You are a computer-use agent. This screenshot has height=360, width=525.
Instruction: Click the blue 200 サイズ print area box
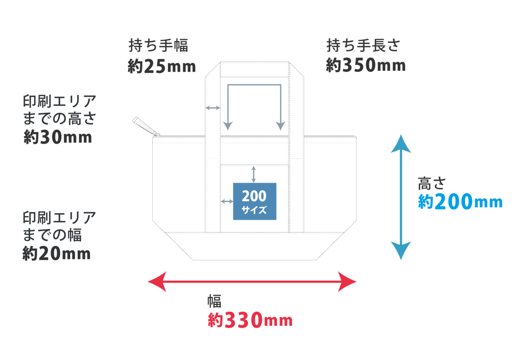click(x=254, y=201)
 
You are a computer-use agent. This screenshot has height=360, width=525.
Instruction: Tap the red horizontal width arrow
click(x=252, y=281)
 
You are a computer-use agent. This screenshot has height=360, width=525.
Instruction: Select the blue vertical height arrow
click(x=401, y=197)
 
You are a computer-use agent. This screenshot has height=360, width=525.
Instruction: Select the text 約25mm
click(x=161, y=66)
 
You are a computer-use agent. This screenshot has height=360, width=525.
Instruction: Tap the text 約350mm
click(x=365, y=66)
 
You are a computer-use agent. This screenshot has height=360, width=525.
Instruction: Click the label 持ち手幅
click(x=158, y=45)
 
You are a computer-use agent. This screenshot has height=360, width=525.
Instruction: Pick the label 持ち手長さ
click(x=363, y=45)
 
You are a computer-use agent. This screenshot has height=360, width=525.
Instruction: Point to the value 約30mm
click(x=57, y=137)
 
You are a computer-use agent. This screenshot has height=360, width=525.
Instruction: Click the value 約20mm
click(x=56, y=254)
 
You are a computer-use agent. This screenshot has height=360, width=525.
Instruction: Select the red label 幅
click(x=214, y=301)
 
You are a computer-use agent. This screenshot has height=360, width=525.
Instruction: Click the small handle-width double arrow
click(x=213, y=107)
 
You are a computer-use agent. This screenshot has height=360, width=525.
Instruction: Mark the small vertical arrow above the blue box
click(x=254, y=174)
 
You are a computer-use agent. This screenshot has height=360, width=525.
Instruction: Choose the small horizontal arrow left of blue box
click(x=227, y=201)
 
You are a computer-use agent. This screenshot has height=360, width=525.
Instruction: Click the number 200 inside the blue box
click(x=254, y=196)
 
